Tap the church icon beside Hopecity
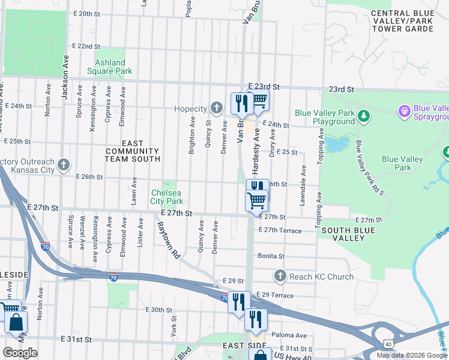tap(217, 108)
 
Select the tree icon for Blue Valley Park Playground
tap(363, 116)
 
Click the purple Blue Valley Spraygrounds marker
tap(405, 111)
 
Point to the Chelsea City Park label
tap(166, 197)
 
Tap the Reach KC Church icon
tap(279, 275)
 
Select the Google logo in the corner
tap(20, 353)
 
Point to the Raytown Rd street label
tap(168, 240)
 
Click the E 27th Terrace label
tap(280, 230)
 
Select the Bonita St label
tap(271, 256)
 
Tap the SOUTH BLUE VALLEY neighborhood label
tap(343, 234)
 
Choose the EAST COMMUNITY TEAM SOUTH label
tap(132, 151)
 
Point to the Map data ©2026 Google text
tap(411, 355)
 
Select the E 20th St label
tap(85, 14)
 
